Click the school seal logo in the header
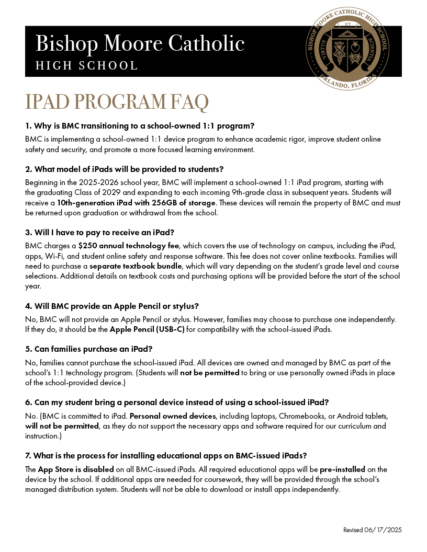[347, 50]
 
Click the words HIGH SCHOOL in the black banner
[86, 66]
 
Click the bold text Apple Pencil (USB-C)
[147, 330]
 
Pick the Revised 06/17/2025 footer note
[372, 530]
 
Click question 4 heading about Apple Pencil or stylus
[112, 306]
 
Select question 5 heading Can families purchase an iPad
[88, 349]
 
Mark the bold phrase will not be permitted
[62, 426]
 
